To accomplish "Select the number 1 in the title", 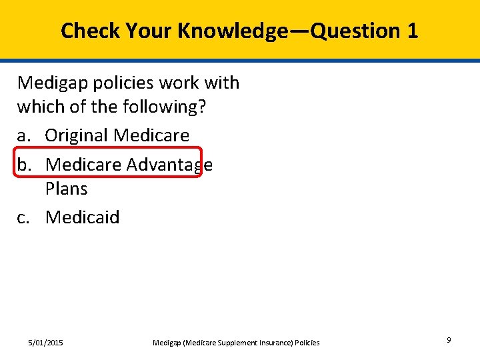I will (411, 31).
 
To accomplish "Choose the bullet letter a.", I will (24, 135).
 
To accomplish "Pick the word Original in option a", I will (77, 135).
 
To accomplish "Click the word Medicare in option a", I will (151, 135).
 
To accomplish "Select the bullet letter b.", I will (24, 164).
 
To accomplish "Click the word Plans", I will (66, 189).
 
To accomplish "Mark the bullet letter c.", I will (23, 217).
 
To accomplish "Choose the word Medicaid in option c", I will (83, 217).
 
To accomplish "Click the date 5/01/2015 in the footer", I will (45, 343).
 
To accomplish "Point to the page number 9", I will (449, 340).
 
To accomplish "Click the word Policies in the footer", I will (305, 343).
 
